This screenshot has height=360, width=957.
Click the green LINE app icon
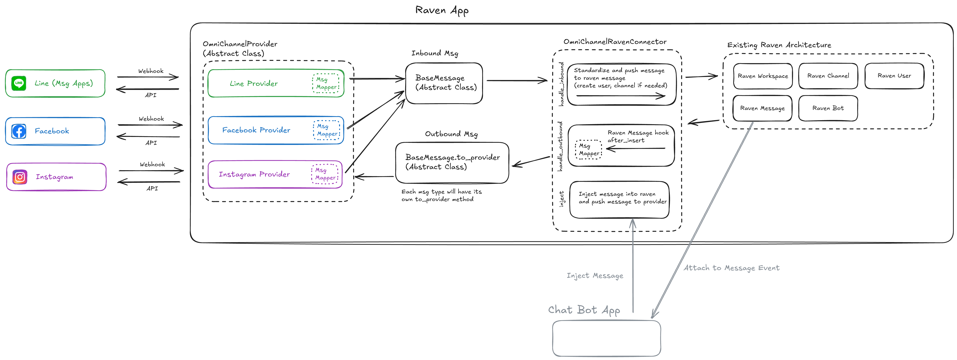19,83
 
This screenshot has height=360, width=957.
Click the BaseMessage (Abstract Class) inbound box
444,83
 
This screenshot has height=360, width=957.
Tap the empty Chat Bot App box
606,339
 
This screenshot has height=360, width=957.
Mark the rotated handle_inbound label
561,84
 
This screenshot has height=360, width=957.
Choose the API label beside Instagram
152,188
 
